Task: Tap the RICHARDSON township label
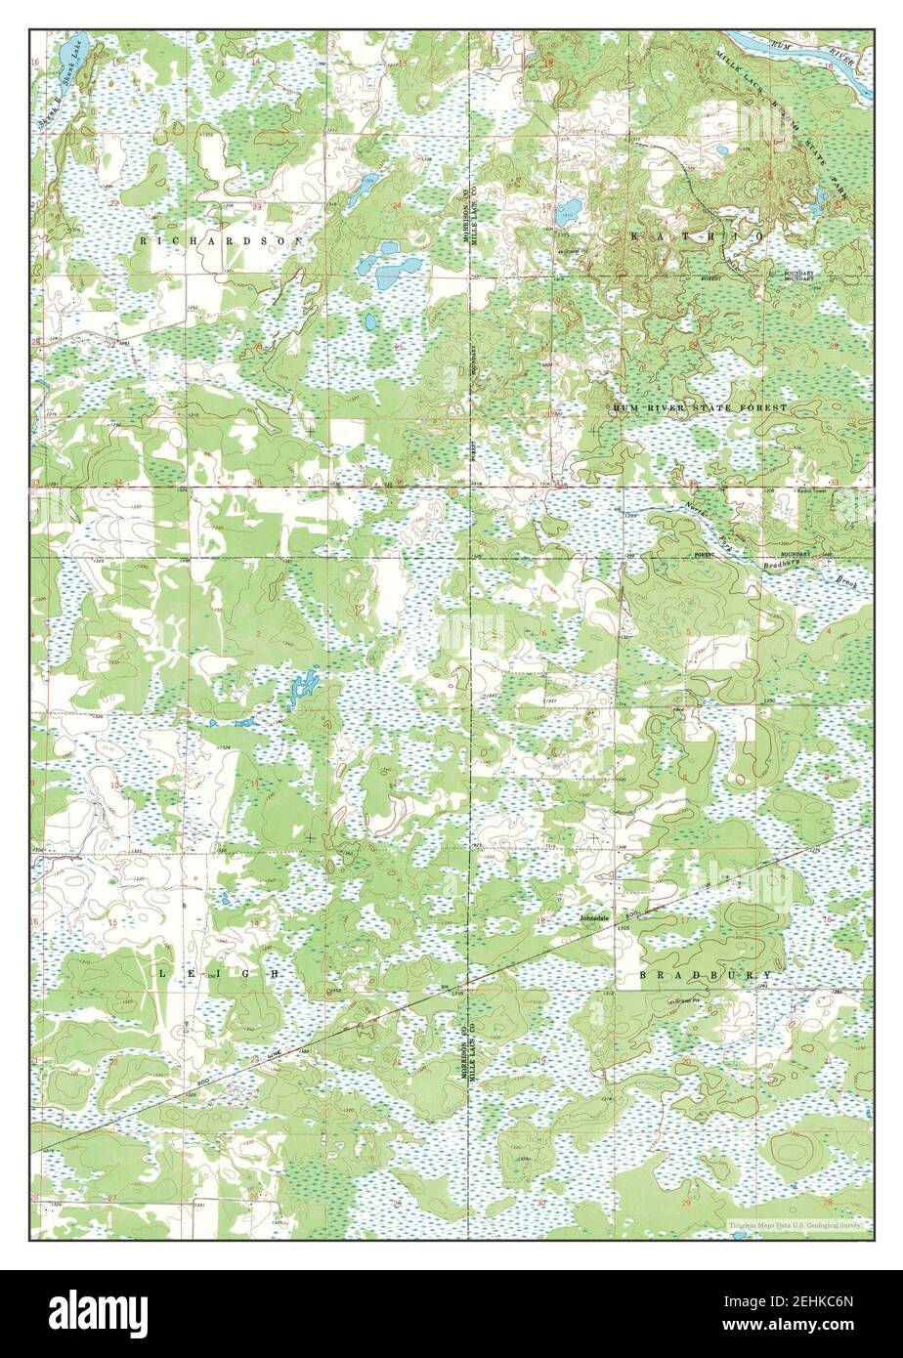221,239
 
